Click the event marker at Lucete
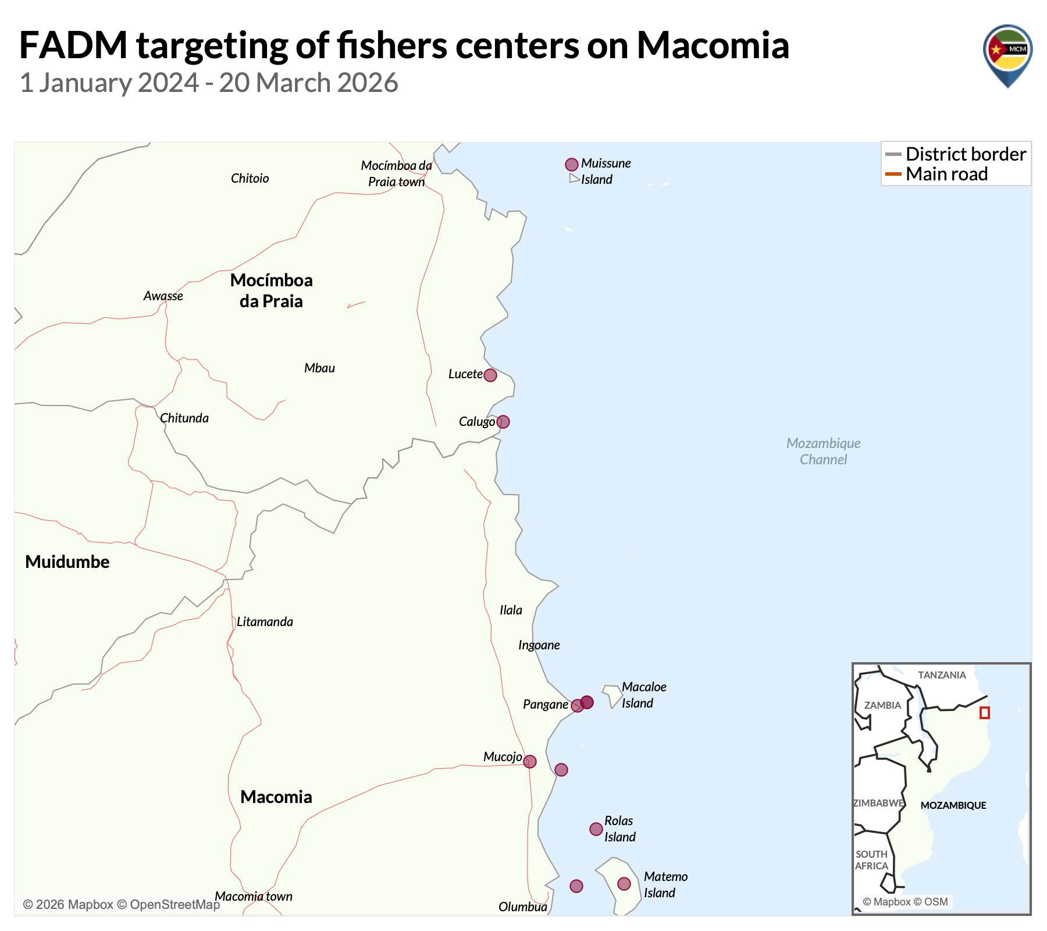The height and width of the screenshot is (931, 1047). coord(490,375)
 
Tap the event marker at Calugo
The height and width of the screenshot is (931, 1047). coord(503,422)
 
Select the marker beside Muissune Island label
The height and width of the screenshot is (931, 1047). coord(572,165)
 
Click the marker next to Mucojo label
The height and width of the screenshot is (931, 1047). coord(529,762)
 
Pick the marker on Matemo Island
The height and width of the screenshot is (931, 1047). coord(624,884)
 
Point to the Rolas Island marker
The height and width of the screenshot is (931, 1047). coord(596,829)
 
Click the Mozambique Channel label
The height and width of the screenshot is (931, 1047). coord(823,452)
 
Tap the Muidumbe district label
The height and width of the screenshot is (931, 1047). coord(67,562)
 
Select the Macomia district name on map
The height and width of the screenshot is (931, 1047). coord(276,797)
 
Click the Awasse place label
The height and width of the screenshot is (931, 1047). coord(163,296)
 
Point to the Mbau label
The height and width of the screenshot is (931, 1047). coord(319,368)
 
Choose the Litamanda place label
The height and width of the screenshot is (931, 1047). coord(265,622)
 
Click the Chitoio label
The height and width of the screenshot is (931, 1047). coord(250,179)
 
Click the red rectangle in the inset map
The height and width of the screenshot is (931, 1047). coord(984,712)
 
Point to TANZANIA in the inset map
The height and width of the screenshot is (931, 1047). coord(942,675)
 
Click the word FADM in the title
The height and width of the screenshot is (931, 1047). coord(73,45)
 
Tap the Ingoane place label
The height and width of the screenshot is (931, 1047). coord(539,645)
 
